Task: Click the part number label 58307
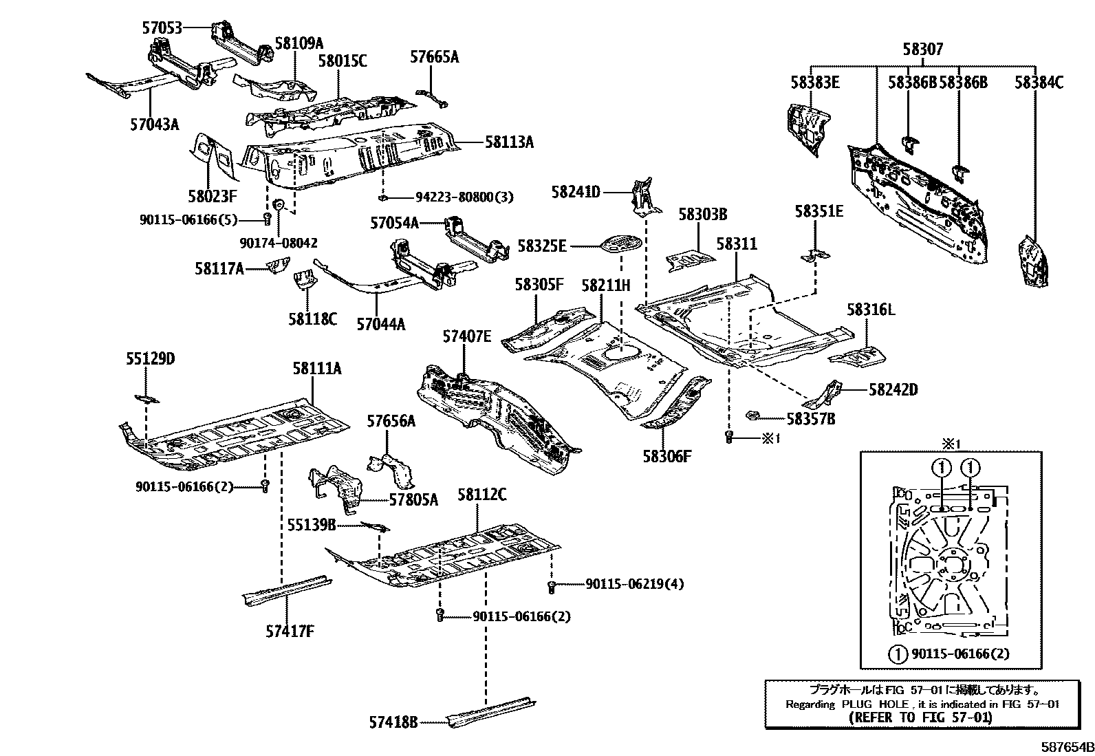(922, 50)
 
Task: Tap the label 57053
(162, 28)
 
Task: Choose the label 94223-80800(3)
(464, 197)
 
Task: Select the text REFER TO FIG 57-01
(920, 717)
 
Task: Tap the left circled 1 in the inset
(941, 468)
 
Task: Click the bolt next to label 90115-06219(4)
(551, 586)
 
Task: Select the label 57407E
(467, 336)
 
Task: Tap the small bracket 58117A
(279, 265)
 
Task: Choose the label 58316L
(871, 310)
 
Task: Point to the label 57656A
(391, 421)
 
